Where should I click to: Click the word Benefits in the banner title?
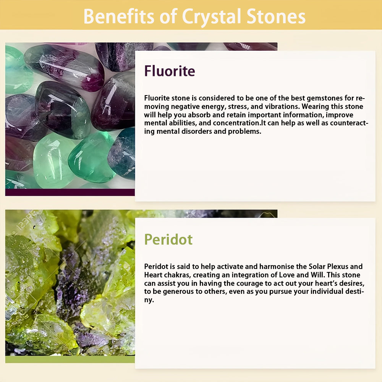pos(119,16)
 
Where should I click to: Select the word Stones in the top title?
pos(276,16)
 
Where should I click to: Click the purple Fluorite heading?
pos(170,71)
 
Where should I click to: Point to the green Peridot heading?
pos(168,240)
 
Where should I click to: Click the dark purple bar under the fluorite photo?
pos(70,192)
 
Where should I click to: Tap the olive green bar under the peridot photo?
pos(70,359)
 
